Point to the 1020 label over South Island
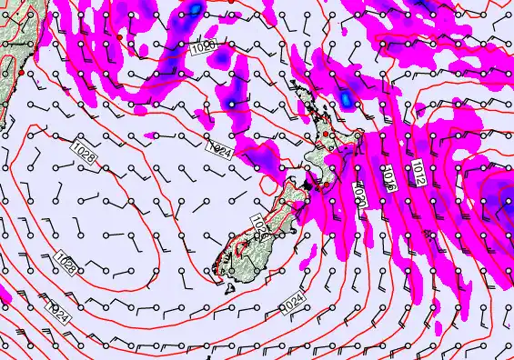(x=257, y=222)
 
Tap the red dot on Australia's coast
(x=20, y=70)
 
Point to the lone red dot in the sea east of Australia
(x=119, y=36)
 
